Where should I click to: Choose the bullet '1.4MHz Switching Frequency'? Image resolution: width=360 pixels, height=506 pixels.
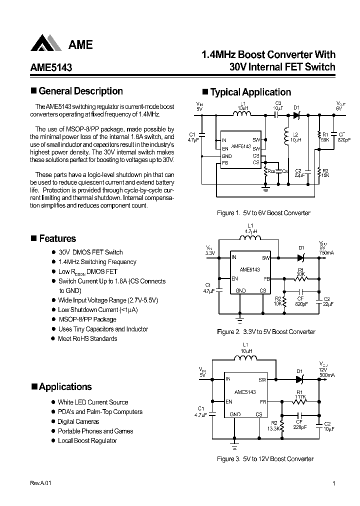pyautogui.click(x=97, y=262)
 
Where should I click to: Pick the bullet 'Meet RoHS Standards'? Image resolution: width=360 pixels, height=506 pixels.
pyautogui.click(x=87, y=338)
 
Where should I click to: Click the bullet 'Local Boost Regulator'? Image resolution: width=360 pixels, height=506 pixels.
pyautogui.click(x=87, y=440)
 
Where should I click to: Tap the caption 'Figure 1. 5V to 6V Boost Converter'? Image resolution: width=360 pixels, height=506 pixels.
pyautogui.click(x=263, y=213)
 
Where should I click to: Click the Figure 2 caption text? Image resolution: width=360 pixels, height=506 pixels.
pyautogui.click(x=266, y=331)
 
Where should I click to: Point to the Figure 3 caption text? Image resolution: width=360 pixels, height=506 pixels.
pyautogui.click(x=265, y=458)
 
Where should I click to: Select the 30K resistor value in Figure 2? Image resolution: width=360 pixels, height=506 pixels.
pyautogui.click(x=300, y=273)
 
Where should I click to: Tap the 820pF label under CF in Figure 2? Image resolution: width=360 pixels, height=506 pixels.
pyautogui.click(x=301, y=303)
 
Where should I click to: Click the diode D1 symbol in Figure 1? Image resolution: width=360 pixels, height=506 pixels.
pyautogui.click(x=296, y=115)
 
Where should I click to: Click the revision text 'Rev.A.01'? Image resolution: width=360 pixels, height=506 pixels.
pyautogui.click(x=40, y=483)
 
